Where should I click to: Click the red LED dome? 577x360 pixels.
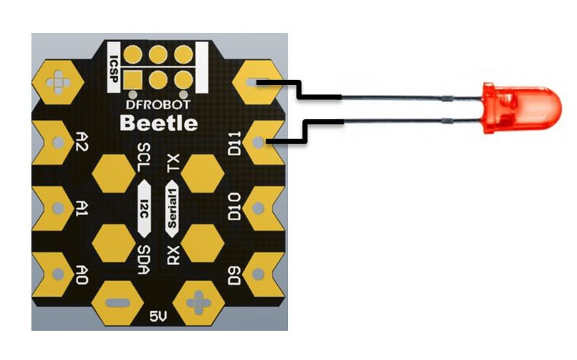coord(523,108)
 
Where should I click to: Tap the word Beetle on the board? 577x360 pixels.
coord(159,123)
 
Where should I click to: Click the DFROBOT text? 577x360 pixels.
coord(158,105)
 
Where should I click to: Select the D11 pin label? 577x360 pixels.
coord(235,143)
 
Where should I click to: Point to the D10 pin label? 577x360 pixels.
coord(235,207)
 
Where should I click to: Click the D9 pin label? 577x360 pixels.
coord(235,275)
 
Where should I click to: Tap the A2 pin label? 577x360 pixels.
coord(81,141)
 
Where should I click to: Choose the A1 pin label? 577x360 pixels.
coord(81,208)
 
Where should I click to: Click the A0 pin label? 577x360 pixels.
coord(81,274)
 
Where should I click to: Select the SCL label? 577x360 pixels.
coord(143,157)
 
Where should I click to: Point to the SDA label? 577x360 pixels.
coord(143,260)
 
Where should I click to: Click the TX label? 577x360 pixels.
coord(173,163)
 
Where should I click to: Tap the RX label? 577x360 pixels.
coord(173,255)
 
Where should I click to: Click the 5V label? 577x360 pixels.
coord(158,316)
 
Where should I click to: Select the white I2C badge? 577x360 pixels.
coord(144,209)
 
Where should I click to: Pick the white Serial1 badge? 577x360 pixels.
coord(172,209)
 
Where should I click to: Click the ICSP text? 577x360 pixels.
coord(114,69)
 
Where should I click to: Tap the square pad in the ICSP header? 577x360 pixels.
coord(133,79)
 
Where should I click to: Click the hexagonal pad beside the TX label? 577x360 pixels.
coord(203,173)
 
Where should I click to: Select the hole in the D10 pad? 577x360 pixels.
coord(258,209)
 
